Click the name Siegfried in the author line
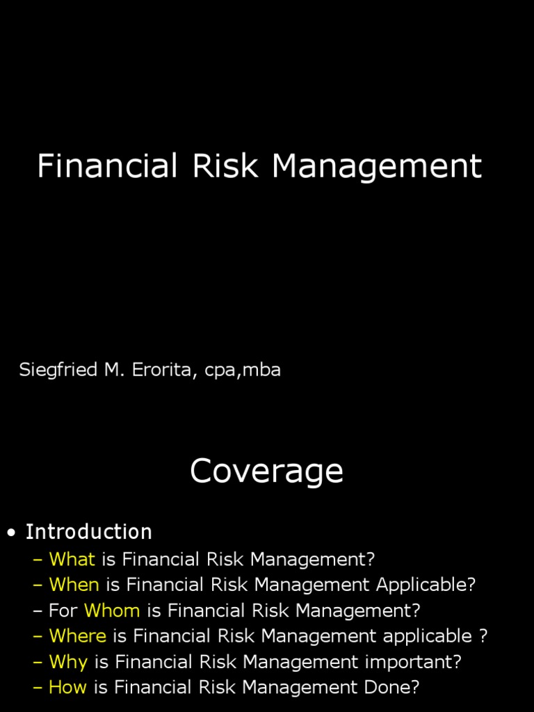(x=58, y=370)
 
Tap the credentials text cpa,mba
(x=243, y=371)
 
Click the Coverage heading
(x=266, y=472)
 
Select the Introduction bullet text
(x=88, y=533)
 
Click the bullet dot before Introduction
(x=11, y=534)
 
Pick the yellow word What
(x=72, y=559)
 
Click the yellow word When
(x=74, y=585)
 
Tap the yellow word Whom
(x=112, y=610)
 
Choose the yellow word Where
(x=77, y=636)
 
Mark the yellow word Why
(x=68, y=662)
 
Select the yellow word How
(x=67, y=688)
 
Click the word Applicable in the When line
(x=426, y=585)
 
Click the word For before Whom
(x=63, y=610)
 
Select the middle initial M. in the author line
(x=113, y=370)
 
